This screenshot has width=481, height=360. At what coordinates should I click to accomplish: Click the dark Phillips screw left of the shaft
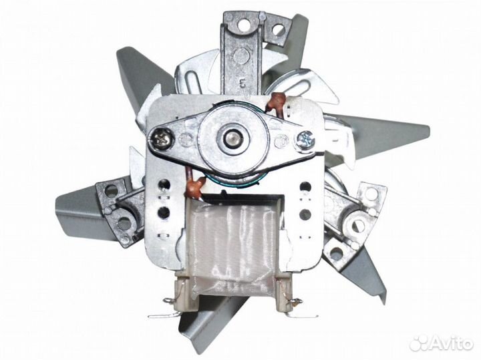point(161,140)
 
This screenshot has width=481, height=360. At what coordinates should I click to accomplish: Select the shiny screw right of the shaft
point(305,140)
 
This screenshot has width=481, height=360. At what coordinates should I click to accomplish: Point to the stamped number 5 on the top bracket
point(244,83)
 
